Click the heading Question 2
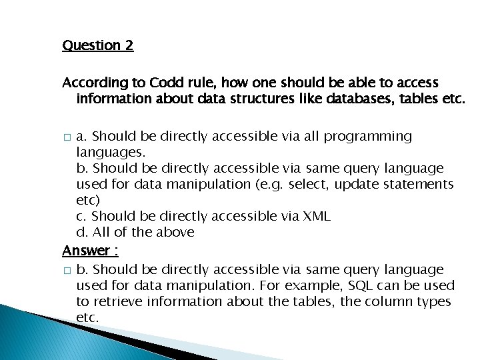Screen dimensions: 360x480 click(x=97, y=45)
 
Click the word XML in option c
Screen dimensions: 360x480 click(x=316, y=216)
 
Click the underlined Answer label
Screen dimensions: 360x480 click(x=86, y=251)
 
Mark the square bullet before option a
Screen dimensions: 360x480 click(x=65, y=137)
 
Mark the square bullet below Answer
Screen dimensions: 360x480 click(x=65, y=271)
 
